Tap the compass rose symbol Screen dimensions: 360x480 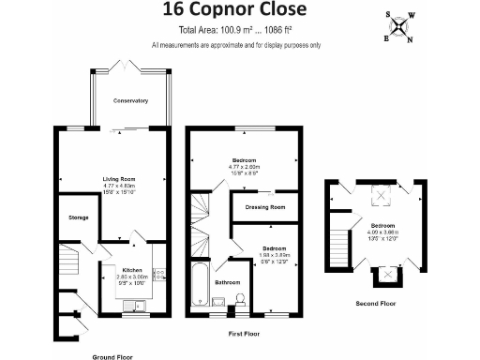tap(402, 25)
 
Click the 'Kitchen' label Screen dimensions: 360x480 tap(131, 270)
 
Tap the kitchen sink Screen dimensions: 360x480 tap(135, 306)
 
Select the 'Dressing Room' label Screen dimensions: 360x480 tap(264, 208)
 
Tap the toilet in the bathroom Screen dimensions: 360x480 tap(240, 299)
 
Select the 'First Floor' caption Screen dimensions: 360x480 tap(246, 333)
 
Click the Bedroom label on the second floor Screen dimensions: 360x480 tap(382, 226)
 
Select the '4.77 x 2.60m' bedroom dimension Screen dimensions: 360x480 tap(246, 167)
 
